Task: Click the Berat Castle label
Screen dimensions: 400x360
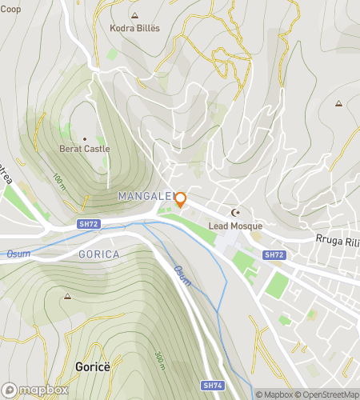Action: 84,148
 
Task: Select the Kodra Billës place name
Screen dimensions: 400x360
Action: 134,28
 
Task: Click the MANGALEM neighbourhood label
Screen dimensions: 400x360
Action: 145,196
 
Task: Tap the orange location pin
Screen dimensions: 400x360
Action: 181,199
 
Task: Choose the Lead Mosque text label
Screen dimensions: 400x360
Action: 235,226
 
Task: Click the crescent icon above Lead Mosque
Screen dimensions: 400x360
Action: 235,213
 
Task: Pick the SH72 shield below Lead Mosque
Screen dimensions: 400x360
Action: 274,254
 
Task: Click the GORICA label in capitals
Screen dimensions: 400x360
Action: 99,254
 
